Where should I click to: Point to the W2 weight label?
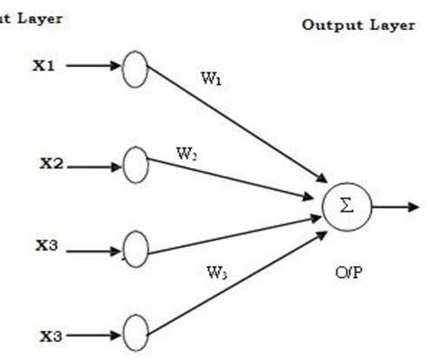[186, 153]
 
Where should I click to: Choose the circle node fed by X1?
[134, 70]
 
